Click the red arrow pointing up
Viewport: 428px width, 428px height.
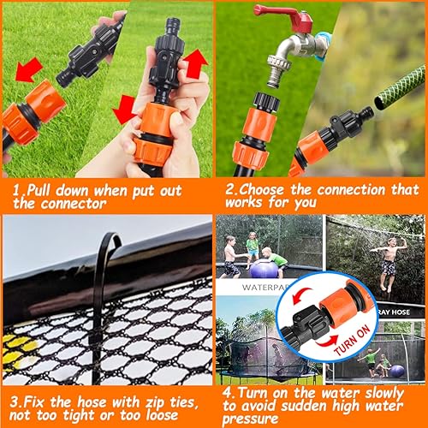(x=196, y=62)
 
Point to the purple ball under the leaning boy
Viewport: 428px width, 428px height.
(x=265, y=268)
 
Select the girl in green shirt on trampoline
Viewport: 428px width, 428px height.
(x=253, y=247)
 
